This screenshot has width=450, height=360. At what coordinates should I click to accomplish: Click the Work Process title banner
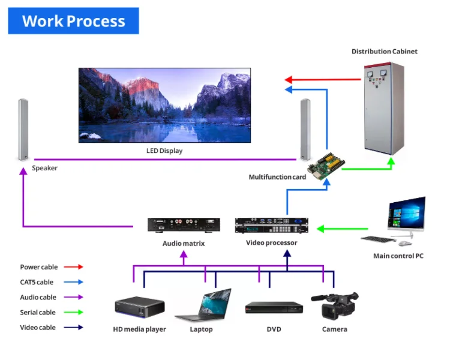(x=73, y=21)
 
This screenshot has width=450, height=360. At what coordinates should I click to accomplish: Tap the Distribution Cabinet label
(x=384, y=52)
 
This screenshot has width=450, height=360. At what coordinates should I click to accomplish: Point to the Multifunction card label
(x=277, y=177)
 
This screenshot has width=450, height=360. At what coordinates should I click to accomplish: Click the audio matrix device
(x=184, y=225)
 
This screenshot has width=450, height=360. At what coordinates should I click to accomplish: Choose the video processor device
(x=271, y=226)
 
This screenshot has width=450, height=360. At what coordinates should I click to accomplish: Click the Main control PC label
(x=398, y=256)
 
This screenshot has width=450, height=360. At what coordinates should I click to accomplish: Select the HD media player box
(x=139, y=305)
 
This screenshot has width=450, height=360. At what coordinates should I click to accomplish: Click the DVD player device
(x=274, y=308)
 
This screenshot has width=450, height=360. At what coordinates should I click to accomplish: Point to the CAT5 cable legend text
(x=37, y=282)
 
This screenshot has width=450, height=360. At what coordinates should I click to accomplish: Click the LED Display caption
(x=164, y=151)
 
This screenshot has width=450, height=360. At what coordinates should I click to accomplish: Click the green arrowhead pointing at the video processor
(x=320, y=229)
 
